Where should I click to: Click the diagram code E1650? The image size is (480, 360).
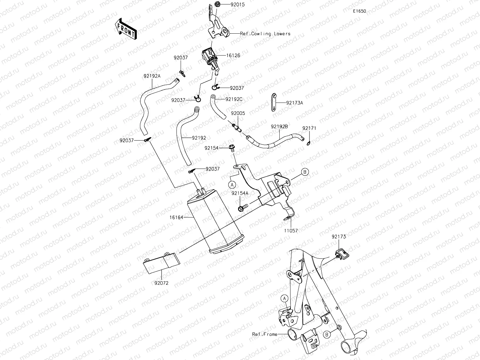click(x=359, y=11)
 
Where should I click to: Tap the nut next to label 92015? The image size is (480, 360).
click(x=217, y=5)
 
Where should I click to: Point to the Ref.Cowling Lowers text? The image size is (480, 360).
click(x=265, y=34)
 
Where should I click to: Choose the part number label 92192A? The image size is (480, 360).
click(x=152, y=76)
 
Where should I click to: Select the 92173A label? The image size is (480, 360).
click(x=294, y=103)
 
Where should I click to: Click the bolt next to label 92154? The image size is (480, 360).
click(x=231, y=147)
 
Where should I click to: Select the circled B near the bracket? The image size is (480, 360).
click(x=304, y=172)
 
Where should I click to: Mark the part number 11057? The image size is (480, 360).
click(x=290, y=231)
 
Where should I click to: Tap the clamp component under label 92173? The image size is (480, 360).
click(x=341, y=253)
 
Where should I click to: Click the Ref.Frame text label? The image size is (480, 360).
click(x=264, y=334)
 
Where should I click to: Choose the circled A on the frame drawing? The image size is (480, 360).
click(x=285, y=298)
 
